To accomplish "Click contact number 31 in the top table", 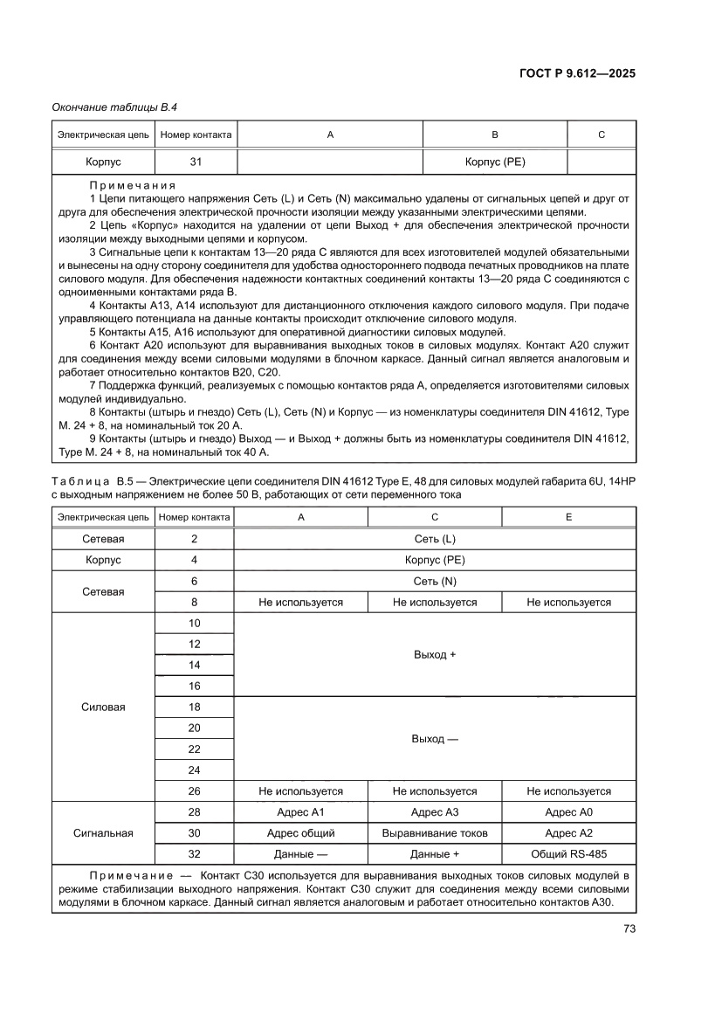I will (195, 162).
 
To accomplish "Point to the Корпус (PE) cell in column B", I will (495, 162).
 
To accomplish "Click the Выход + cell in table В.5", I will (434, 654).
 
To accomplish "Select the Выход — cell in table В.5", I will (434, 739).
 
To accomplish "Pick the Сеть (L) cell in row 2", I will (434, 539).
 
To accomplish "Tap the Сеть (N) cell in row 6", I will (434, 581).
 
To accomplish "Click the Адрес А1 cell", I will (300, 811).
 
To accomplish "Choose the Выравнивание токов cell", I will (434, 832).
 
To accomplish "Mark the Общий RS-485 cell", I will (568, 853).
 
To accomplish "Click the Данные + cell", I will (434, 853).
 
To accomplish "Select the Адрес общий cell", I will (300, 832).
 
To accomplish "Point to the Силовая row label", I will (103, 707).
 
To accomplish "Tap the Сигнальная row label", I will (103, 832).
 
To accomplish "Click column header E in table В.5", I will (568, 517).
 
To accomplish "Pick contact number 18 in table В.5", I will (194, 707).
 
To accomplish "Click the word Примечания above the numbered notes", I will (133, 186).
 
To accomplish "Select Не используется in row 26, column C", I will (434, 790).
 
